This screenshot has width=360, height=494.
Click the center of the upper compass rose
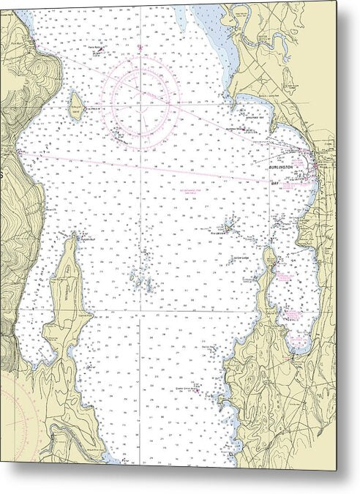141,97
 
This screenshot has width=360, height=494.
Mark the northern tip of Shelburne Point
269,250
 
